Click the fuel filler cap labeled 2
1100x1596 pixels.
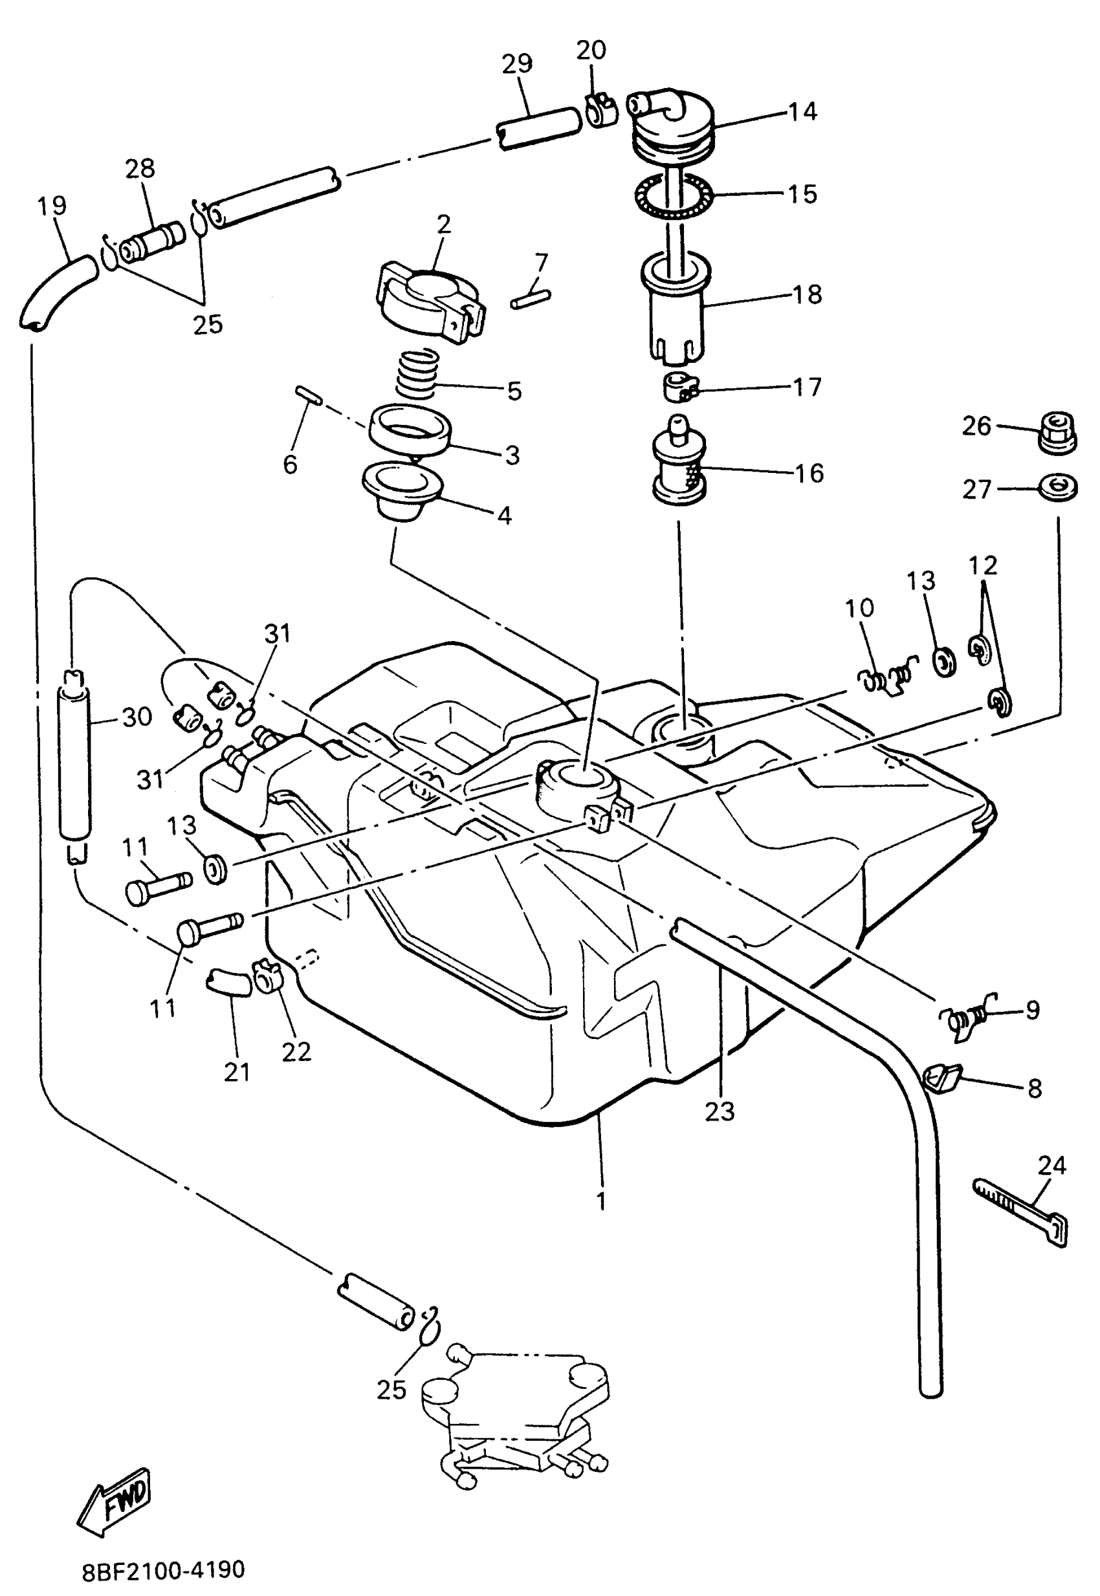point(431,300)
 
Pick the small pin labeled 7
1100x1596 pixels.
point(531,299)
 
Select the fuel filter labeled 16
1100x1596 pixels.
point(679,463)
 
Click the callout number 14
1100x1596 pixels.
point(802,112)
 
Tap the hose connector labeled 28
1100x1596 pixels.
point(151,242)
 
